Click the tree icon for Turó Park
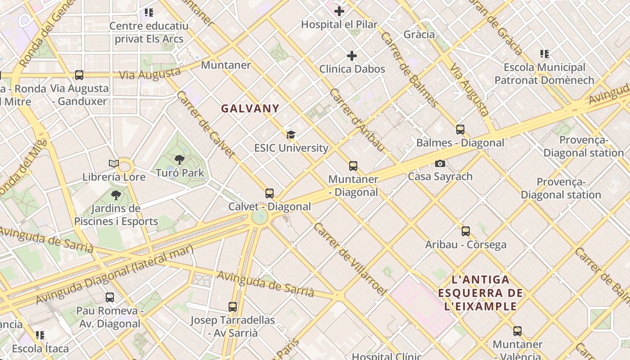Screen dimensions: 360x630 [180, 159]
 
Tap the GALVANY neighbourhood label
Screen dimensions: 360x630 [250, 108]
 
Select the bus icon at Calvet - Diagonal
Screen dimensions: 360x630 [270, 193]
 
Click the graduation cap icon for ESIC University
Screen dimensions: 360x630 [291, 135]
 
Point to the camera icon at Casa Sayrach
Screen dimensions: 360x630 [440, 163]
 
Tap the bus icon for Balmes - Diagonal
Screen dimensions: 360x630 [460, 130]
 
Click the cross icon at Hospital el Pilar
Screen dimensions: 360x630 [339, 11]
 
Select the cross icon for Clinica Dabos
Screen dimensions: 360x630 [352, 56]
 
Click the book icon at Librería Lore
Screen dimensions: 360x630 [114, 163]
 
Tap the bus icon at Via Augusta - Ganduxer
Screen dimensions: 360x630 [79, 75]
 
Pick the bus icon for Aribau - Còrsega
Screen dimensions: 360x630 [466, 231]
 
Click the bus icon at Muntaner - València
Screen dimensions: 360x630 [517, 331]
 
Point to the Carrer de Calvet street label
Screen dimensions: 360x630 [206, 125]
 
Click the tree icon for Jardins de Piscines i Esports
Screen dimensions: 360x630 [116, 195]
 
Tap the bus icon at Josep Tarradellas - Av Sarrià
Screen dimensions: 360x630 [232, 307]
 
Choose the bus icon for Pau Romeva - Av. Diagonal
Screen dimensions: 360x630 [109, 297]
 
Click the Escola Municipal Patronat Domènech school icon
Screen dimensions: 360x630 [544, 54]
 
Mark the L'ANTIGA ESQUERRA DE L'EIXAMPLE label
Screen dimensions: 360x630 [480, 293]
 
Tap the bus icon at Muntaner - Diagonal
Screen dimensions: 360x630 [353, 166]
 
